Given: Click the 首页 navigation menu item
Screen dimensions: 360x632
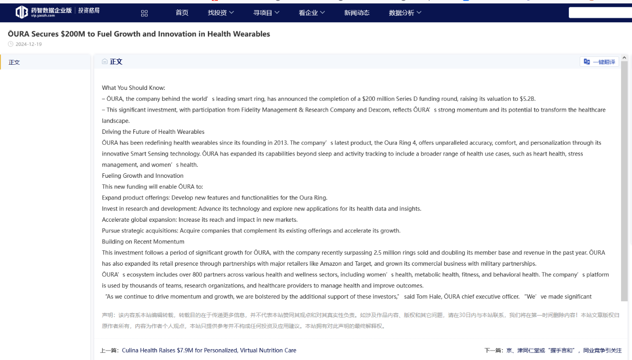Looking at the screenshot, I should (182, 13).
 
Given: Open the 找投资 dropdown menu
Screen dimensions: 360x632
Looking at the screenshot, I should (221, 13).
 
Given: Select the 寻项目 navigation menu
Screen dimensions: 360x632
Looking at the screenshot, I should (266, 13).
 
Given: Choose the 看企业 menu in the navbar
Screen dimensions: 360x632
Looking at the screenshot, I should (312, 13).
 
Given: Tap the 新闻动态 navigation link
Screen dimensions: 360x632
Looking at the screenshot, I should (356, 13).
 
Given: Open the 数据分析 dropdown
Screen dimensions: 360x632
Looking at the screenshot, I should (405, 13).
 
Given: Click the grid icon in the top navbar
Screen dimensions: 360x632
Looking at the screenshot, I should (144, 13).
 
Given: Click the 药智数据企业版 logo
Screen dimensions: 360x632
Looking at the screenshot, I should (57, 12).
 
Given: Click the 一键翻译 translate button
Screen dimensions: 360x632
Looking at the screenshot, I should (599, 62).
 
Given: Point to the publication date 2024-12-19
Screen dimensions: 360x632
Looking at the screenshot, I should (29, 44).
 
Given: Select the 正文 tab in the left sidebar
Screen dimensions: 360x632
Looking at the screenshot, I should (14, 62).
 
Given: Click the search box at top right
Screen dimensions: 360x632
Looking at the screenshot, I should (600, 12).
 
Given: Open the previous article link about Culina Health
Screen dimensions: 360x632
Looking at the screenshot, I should (209, 351).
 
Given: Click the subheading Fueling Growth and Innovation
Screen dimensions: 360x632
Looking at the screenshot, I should (143, 176).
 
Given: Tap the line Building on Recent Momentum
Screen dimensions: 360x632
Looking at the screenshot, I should (143, 242).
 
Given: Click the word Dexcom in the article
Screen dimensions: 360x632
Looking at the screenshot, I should (379, 110).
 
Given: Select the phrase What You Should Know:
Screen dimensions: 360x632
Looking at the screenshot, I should (133, 88).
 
